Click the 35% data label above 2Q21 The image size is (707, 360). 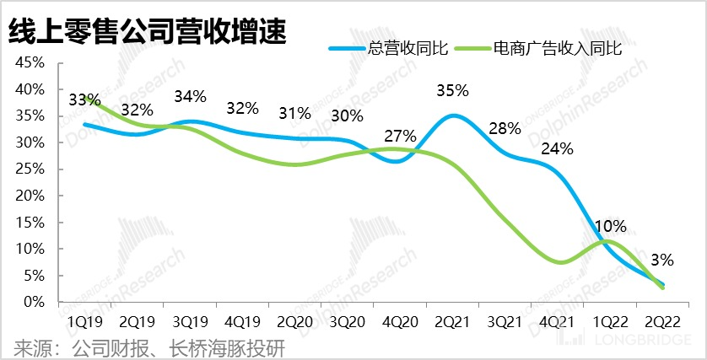(453, 90)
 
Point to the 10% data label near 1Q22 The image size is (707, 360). (609, 226)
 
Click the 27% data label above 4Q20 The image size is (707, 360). (401, 136)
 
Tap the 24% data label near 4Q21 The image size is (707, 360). (557, 149)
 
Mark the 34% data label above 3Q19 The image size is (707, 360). (189, 96)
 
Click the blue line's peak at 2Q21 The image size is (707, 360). (454, 116)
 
